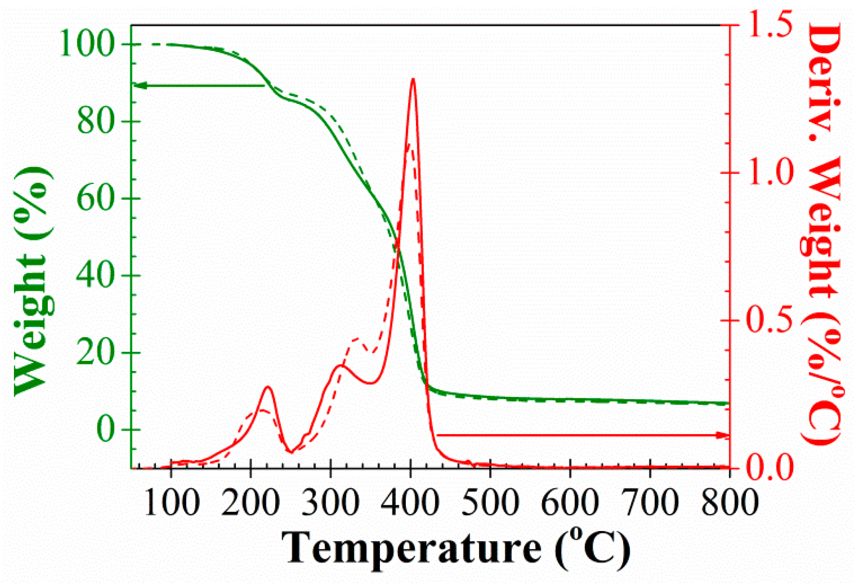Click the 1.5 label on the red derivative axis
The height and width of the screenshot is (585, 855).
click(770, 25)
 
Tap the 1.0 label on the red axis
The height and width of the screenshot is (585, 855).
click(770, 172)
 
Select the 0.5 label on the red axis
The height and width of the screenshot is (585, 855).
click(770, 321)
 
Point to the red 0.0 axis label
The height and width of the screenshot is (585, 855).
click(770, 468)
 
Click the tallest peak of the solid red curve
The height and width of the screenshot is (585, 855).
click(413, 79)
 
